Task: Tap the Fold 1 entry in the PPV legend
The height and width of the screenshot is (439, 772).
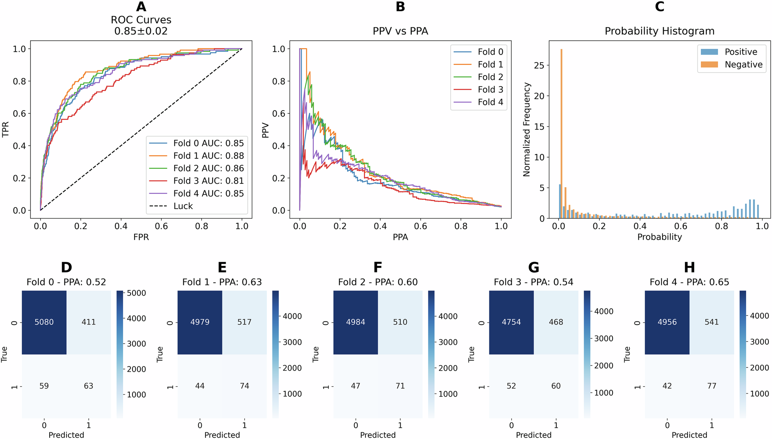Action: pos(490,65)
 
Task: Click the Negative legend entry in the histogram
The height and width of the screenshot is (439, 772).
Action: pos(743,65)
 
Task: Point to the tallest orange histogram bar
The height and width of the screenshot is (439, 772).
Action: pos(562,133)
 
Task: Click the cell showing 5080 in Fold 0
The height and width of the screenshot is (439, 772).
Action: pos(44,322)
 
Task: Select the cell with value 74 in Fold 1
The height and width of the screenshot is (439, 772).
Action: pos(244,386)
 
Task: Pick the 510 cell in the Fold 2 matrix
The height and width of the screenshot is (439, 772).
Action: pos(400,322)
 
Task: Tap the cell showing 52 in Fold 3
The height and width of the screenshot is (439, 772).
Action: pos(511,386)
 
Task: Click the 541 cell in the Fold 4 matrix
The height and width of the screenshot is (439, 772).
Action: pos(711,322)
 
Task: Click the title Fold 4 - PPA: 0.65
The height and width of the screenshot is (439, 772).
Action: pos(689,282)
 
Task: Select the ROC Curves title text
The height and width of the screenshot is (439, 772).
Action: pos(141,20)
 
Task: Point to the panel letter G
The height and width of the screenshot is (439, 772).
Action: pos(534,267)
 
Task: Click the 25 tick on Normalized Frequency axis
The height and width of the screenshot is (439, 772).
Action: pos(539,65)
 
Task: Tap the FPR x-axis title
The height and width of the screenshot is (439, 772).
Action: pos(141,237)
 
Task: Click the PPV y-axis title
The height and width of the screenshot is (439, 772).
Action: pos(265,130)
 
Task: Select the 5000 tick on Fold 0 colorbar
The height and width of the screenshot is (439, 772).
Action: pos(136,293)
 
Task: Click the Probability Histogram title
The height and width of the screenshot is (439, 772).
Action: pos(659,31)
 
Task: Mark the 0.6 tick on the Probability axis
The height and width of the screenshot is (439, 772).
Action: pos(681,226)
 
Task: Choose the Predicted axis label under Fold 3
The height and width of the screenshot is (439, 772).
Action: pos(534,435)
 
